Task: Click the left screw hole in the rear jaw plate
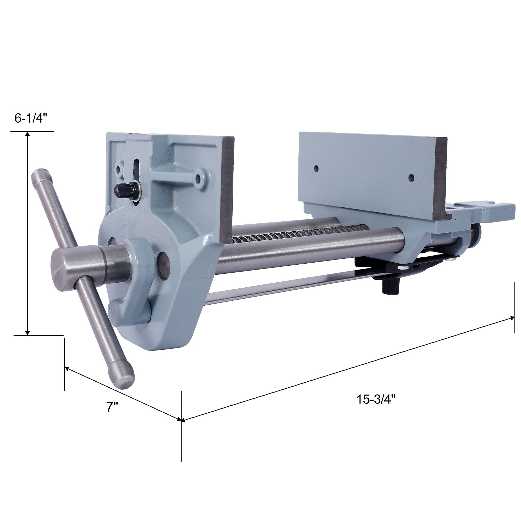[316, 169]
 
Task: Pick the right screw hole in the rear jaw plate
[411, 177]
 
